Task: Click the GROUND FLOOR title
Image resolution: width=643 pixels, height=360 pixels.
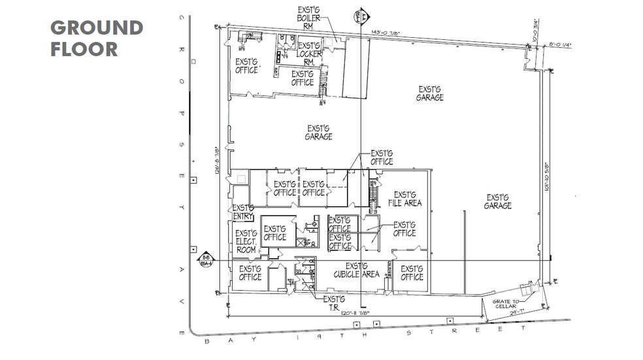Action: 96,38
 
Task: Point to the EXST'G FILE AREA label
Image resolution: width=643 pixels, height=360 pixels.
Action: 404,199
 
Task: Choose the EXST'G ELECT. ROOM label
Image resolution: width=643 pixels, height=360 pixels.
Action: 246,241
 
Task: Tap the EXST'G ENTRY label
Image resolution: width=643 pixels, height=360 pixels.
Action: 243,212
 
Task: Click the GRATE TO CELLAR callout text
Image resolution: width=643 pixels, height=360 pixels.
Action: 507,305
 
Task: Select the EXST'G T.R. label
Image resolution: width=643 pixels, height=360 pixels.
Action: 333,303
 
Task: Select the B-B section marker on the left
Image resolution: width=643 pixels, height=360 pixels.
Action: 206,260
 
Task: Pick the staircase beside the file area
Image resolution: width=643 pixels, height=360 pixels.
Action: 374,195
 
